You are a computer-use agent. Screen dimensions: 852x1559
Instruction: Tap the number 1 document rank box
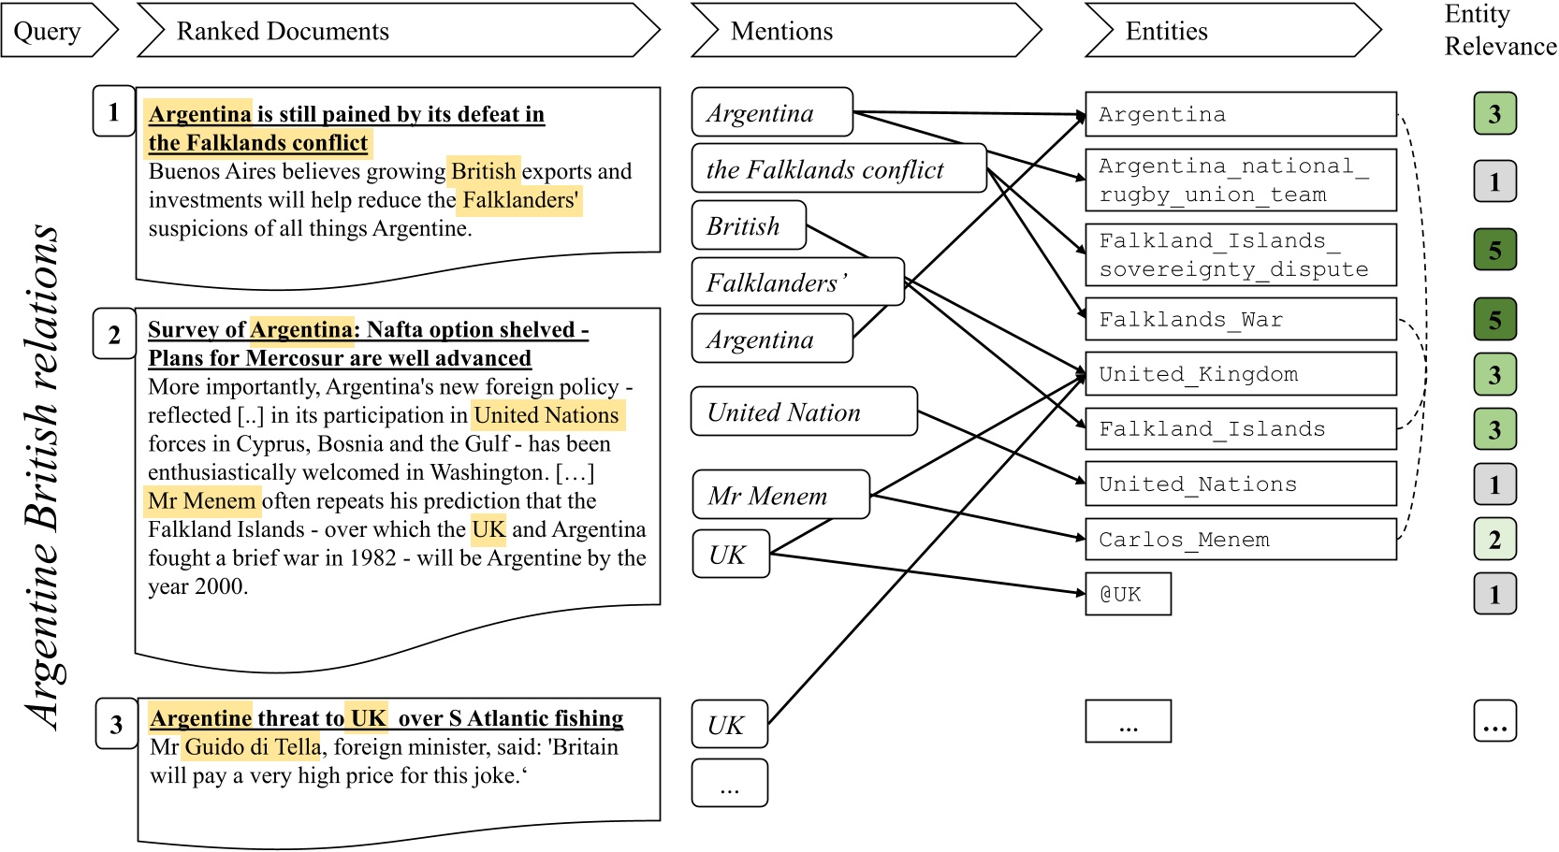114,112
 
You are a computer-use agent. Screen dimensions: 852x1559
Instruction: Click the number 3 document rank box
116,725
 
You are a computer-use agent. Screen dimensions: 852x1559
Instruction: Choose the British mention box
748,226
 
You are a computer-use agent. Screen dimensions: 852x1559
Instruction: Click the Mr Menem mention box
779,496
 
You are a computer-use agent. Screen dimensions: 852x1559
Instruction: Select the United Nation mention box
803,412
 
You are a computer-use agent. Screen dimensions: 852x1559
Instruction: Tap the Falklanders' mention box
797,282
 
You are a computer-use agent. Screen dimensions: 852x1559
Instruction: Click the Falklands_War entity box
1240,320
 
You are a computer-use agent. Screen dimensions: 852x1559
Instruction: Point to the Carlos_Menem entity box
1240,540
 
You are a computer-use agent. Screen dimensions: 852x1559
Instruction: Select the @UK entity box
1128,595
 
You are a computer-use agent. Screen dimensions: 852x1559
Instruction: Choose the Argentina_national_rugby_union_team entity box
1240,181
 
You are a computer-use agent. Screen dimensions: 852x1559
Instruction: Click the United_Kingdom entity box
1240,374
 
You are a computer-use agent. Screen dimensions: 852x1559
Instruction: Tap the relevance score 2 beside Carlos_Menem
1494,540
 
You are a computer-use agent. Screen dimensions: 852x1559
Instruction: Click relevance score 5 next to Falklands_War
1494,320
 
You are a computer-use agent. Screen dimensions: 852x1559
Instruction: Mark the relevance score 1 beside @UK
1494,595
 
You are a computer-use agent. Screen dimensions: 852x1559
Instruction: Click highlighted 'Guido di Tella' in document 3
253,747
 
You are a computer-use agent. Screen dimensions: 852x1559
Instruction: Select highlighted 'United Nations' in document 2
546,416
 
